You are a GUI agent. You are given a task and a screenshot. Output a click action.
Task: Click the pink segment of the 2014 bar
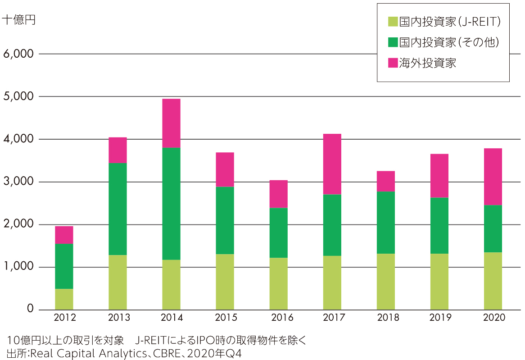[171, 123]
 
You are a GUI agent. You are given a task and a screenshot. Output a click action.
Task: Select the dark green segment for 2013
[118, 209]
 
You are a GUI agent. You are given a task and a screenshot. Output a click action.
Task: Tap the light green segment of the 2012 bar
[64, 299]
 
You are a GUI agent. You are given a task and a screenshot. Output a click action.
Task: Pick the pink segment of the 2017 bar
[332, 164]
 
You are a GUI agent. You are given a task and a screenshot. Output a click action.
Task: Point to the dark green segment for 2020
[493, 228]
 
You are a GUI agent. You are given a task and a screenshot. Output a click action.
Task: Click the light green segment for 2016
[278, 283]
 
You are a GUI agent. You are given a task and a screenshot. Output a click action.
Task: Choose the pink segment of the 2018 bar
[385, 181]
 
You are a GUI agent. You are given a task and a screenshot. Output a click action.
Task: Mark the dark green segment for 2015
[225, 220]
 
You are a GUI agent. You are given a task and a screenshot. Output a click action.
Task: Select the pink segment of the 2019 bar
[439, 176]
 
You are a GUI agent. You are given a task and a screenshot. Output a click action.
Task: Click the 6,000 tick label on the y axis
[18, 54]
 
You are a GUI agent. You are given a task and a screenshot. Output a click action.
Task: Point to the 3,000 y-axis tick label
[18, 182]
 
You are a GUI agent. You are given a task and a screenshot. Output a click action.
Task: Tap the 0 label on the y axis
[30, 309]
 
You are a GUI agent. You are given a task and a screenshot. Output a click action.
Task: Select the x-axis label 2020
[494, 318]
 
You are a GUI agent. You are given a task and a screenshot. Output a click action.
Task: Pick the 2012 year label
[64, 318]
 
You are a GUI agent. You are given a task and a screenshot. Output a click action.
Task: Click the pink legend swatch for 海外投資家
[393, 63]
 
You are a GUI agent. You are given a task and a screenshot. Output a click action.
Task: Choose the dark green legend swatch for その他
[393, 42]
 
